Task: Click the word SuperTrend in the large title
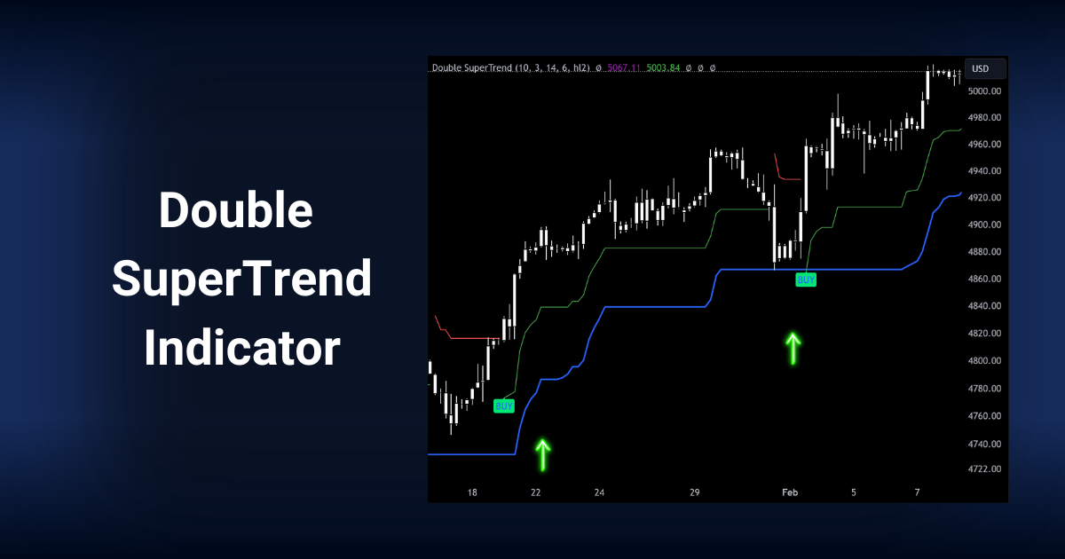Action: [241, 280]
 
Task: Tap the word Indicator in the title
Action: [241, 348]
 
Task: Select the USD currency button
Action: [981, 69]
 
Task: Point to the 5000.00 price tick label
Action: [985, 91]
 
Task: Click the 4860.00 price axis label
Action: [985, 279]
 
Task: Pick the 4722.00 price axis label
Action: [985, 469]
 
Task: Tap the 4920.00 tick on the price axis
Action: [985, 198]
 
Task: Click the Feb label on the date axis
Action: [790, 492]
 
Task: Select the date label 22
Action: [535, 492]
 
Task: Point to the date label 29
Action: [695, 492]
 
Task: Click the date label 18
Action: [472, 492]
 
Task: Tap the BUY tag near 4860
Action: [806, 279]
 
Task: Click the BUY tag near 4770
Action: [504, 406]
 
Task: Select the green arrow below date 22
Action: [542, 454]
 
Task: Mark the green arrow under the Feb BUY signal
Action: [793, 349]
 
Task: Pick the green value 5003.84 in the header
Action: [663, 68]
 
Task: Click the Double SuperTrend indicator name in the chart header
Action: [471, 68]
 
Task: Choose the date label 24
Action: [599, 492]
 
